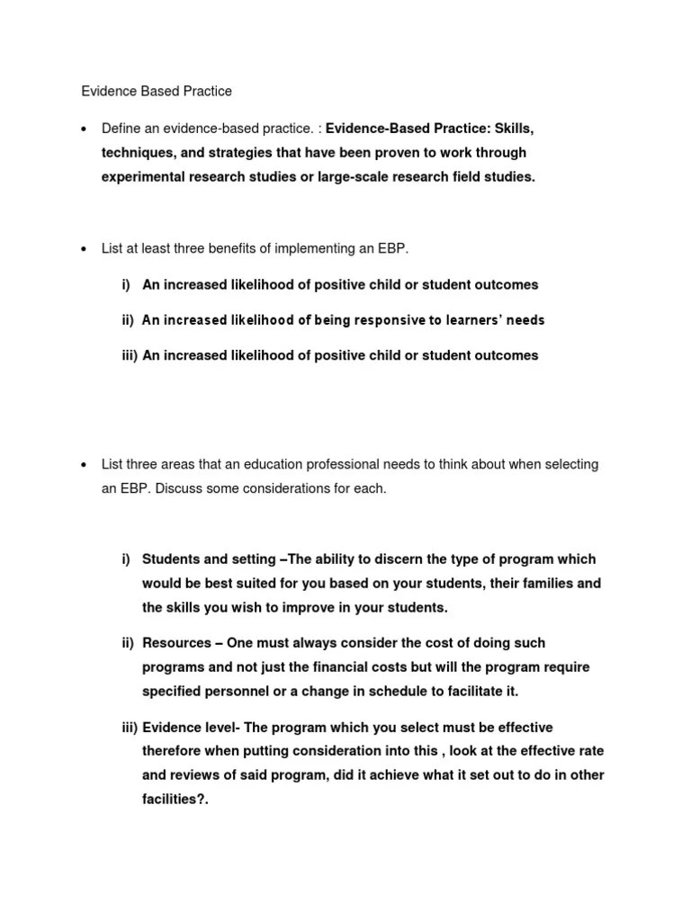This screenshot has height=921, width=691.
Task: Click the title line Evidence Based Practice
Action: (x=157, y=91)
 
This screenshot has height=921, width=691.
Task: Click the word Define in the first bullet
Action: (x=121, y=129)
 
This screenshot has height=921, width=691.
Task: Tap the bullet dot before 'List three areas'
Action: (x=84, y=465)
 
